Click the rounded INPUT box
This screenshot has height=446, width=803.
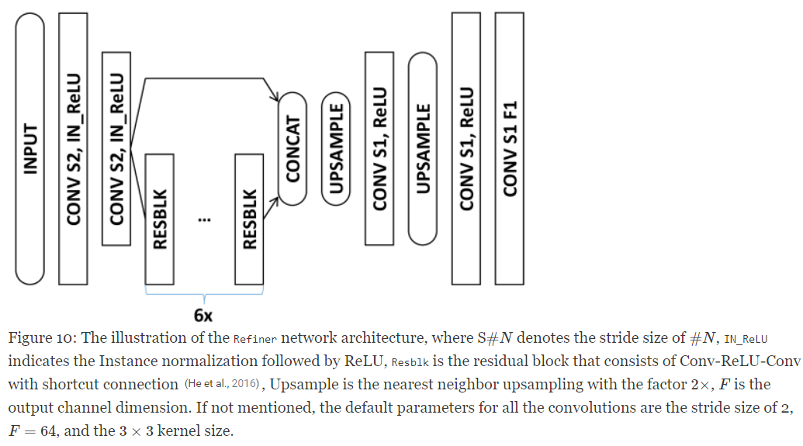30,147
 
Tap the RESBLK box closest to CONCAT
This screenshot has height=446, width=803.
249,219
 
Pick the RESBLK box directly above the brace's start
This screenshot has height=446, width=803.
159,219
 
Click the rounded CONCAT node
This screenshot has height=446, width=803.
292,148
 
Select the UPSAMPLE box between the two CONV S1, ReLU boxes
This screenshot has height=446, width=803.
423,148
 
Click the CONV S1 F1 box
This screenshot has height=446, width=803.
510,147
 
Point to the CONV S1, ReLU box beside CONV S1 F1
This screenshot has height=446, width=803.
466,147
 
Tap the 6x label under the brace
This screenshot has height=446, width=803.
203,316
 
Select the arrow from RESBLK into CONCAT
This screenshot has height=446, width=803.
270,203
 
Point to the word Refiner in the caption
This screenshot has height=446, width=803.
254,339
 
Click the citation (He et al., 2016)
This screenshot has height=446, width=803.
221,385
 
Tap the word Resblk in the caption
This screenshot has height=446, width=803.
410,362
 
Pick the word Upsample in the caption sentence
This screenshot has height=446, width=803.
303,385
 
